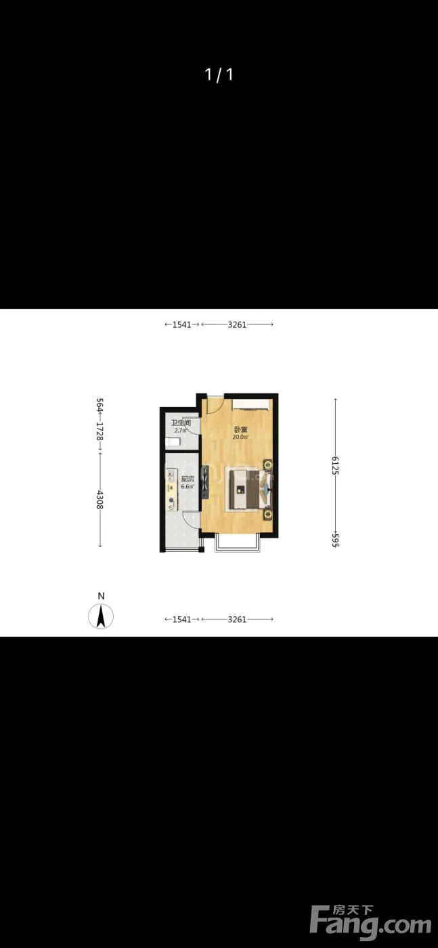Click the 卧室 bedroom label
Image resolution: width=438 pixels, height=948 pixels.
point(241,429)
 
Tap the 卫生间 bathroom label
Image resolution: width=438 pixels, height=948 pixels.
point(181,423)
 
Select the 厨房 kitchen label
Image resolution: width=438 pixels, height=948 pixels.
point(188,479)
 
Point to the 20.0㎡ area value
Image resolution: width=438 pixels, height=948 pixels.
point(240,437)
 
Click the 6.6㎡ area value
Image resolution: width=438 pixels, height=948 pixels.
point(188,487)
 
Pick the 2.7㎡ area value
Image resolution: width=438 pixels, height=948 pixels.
point(181,431)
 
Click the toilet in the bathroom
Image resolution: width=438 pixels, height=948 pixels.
point(173,442)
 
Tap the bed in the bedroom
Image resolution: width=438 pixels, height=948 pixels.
point(250,489)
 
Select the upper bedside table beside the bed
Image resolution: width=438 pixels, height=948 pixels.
point(268,465)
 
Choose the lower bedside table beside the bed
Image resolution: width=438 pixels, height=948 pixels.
point(268,514)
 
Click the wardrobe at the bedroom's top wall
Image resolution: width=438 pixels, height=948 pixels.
point(251,404)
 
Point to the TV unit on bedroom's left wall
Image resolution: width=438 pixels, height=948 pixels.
point(205,481)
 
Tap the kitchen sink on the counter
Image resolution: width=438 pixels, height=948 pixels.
point(171,475)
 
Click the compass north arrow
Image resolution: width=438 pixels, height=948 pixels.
point(101,616)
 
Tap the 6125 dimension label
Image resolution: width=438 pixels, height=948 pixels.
point(334,466)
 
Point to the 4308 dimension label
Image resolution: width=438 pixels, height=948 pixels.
point(100,500)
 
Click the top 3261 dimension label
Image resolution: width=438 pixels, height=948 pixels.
point(237,324)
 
